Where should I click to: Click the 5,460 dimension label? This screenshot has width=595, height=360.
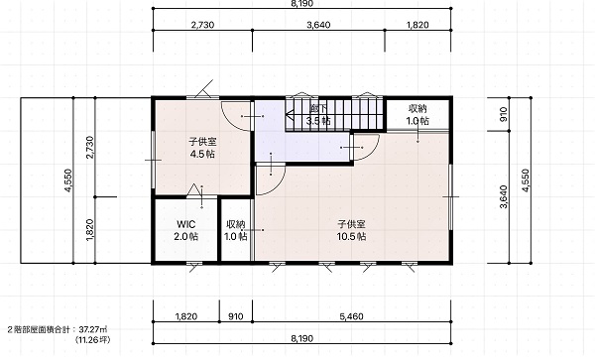pos(352,316)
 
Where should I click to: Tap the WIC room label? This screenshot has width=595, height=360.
pos(186,224)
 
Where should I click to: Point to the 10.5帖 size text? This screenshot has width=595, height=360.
pos(351,237)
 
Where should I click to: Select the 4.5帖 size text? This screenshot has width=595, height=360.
pos(202,154)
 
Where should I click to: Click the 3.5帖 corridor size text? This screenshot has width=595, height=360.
pos(318,121)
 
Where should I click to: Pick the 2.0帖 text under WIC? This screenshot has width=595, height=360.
pos(186,237)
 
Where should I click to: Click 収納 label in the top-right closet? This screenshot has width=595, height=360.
pos(417,109)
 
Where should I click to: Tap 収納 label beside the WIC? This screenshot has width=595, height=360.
pos(236,224)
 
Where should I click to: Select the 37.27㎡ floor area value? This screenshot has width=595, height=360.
pos(95,329)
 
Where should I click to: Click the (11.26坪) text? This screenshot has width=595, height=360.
pos(93,339)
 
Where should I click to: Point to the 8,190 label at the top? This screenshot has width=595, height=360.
pos(302,4)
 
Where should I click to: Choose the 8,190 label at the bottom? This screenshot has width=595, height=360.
pos(302,338)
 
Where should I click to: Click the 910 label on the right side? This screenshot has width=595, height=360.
pos(504,114)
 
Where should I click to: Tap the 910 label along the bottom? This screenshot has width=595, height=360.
pos(236,316)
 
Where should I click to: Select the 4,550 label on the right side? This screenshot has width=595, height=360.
pos(526,180)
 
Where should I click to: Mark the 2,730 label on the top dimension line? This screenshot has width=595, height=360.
pos(202,25)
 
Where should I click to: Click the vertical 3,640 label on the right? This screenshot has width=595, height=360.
pos(504,197)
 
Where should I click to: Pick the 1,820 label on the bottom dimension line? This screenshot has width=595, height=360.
pos(186,316)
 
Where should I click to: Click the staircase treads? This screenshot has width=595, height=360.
pos(334,114)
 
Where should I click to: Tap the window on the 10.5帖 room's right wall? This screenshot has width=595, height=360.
pos(450,197)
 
